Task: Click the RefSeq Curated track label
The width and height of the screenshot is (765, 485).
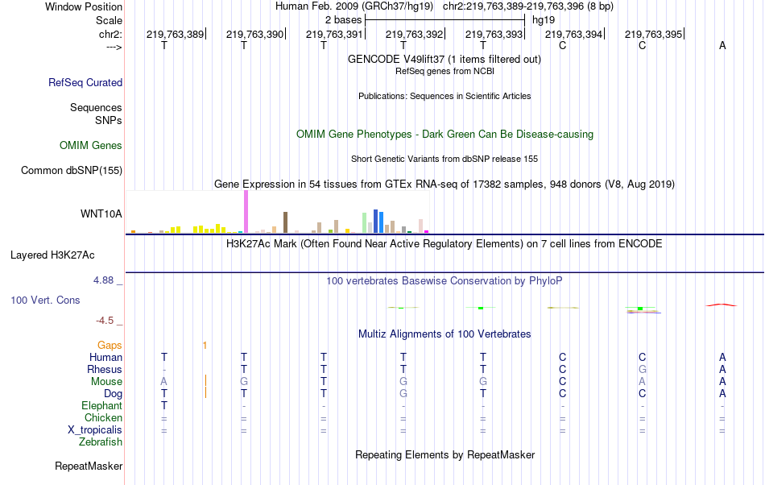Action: (x=85, y=82)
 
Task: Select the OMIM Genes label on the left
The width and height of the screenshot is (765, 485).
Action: (x=91, y=145)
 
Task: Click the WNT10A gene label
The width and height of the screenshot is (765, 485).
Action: (x=101, y=213)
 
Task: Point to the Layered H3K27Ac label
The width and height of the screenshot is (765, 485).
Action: (x=52, y=255)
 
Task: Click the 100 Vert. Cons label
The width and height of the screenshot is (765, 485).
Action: (x=45, y=300)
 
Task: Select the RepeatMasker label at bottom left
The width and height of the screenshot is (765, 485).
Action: (x=89, y=466)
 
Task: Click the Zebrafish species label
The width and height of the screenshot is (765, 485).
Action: (x=101, y=441)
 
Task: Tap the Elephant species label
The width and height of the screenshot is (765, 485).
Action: (x=101, y=405)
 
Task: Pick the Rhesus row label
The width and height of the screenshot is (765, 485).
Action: (x=105, y=369)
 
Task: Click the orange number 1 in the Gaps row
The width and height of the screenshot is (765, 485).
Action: (x=205, y=345)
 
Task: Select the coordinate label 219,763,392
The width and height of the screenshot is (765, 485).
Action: (x=415, y=34)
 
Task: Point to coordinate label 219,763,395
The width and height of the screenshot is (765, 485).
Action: (x=653, y=34)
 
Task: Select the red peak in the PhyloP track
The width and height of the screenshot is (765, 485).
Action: (x=721, y=305)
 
